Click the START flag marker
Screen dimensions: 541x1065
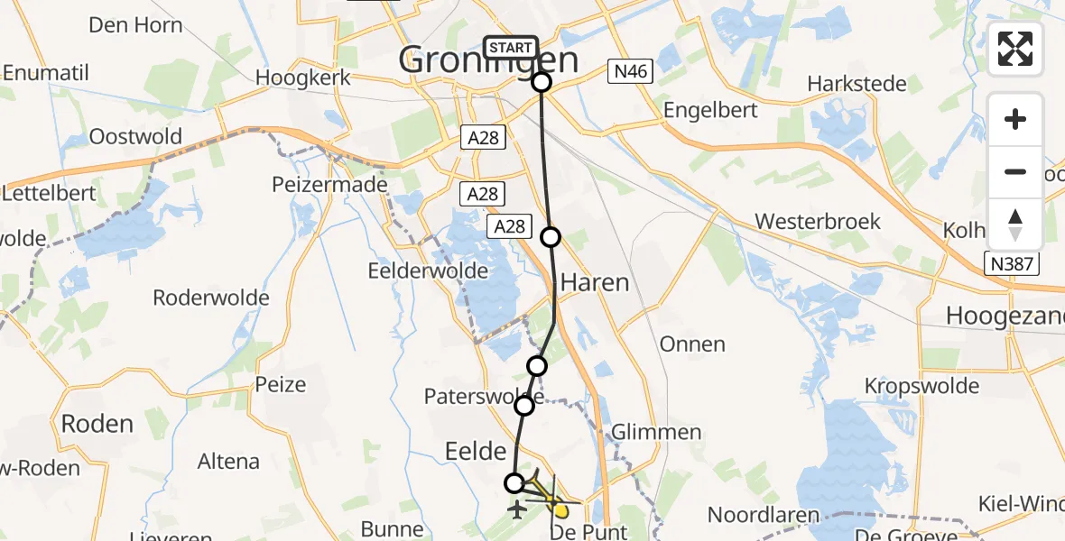(512, 47)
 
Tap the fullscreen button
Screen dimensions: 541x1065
(1015, 49)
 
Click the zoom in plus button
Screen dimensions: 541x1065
(1015, 119)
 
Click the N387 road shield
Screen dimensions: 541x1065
(1012, 263)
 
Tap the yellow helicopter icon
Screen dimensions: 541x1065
(552, 494)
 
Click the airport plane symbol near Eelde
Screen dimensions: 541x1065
(517, 511)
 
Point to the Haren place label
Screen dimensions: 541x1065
(595, 282)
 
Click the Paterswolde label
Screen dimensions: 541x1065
(484, 396)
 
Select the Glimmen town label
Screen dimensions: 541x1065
(656, 432)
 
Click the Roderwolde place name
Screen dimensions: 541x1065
(211, 298)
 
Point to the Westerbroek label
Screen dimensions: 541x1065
(818, 221)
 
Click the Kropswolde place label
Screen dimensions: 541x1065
(921, 386)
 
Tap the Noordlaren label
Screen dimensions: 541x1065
(764, 515)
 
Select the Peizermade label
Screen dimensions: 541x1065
(329, 184)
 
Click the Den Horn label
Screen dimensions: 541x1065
(136, 24)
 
